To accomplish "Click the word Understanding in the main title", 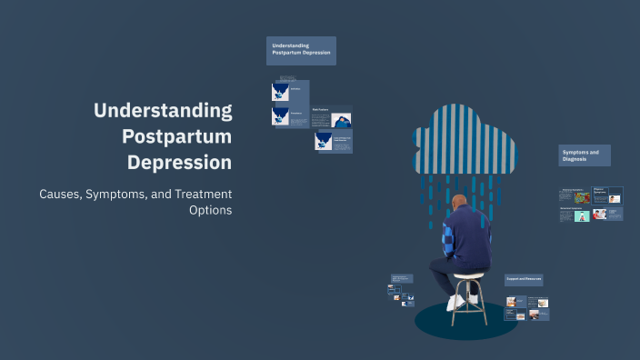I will click(x=163, y=111).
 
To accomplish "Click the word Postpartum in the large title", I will click(x=176, y=137).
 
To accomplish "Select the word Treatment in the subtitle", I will click(x=199, y=194).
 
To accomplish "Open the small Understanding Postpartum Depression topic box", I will click(x=301, y=50).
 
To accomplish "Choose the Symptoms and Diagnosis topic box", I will click(x=584, y=155).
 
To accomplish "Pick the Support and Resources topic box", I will click(x=524, y=279).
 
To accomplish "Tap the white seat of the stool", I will click(x=469, y=275).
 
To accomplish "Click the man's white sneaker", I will click(x=455, y=303).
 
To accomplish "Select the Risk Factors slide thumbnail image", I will click(x=342, y=121).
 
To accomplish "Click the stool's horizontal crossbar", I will click(x=469, y=297).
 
